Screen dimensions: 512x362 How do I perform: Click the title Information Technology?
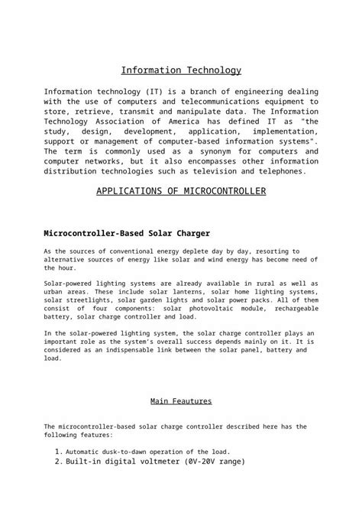coord(181,71)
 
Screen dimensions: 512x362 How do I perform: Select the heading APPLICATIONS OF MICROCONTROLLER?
coord(181,191)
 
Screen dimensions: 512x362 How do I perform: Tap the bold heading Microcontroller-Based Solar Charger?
coord(127,232)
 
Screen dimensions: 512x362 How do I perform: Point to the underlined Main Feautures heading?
coord(181,400)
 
